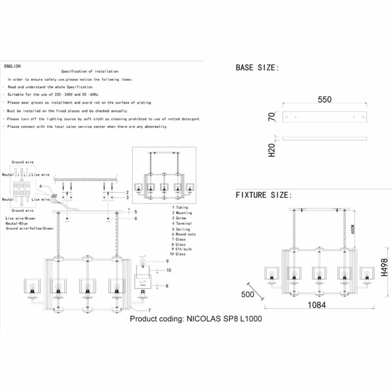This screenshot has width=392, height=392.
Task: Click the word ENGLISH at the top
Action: coord(12,66)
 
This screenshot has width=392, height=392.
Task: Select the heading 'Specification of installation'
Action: coord(90,72)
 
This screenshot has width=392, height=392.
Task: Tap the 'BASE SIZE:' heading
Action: coord(256,68)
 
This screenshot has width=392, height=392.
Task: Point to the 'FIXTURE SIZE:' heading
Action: coord(263,195)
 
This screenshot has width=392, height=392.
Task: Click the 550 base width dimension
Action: coord(325,100)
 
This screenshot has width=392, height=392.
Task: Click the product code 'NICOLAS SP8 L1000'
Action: coord(195,334)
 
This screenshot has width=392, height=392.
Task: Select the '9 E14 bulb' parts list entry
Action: coord(184,249)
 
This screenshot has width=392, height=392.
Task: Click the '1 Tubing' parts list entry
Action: coord(181,208)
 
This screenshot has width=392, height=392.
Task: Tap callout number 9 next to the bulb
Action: coord(166,262)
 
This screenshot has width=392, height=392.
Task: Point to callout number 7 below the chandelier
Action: coord(149,310)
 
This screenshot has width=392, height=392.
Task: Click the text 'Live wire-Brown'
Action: coord(22,218)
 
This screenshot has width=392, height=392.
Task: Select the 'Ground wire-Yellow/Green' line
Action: coord(30,228)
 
